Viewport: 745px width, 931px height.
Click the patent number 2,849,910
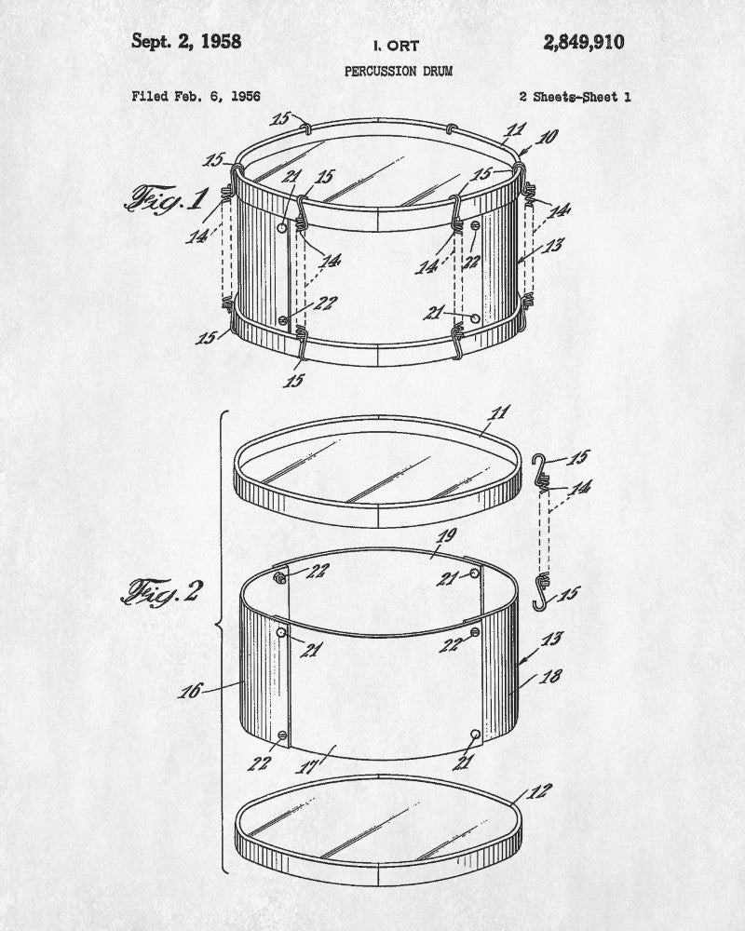583,43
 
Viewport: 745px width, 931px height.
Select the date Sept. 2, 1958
186,41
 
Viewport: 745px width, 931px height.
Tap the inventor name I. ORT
397,46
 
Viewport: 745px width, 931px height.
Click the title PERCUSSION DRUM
399,72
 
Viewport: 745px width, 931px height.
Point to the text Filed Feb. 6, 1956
196,96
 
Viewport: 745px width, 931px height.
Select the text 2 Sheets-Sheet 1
576,97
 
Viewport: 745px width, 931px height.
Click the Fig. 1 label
167,198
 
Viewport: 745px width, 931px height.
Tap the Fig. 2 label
162,591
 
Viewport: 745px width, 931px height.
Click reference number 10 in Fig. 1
546,137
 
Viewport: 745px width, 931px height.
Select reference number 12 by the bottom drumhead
539,791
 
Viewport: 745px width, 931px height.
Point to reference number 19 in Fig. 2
446,536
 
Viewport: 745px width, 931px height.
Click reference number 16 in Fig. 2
190,691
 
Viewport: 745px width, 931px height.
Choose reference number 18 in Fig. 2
550,676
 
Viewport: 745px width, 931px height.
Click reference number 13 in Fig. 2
551,639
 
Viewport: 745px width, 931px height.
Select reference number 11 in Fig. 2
499,412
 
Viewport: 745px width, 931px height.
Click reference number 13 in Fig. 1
553,245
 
